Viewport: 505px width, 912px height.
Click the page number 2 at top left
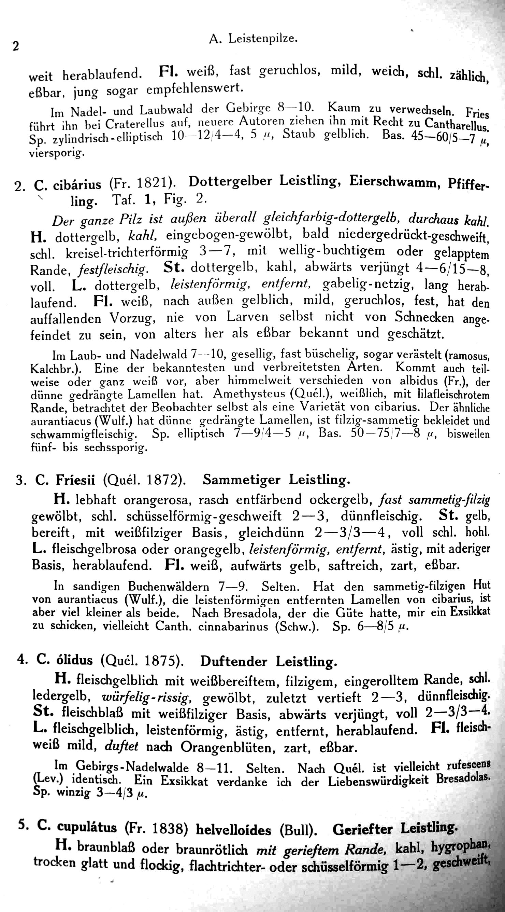(x=15, y=46)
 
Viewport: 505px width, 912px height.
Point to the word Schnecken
(x=424, y=317)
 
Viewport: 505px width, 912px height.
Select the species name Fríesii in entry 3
(x=75, y=480)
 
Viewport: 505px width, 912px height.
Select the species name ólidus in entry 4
(x=75, y=660)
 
